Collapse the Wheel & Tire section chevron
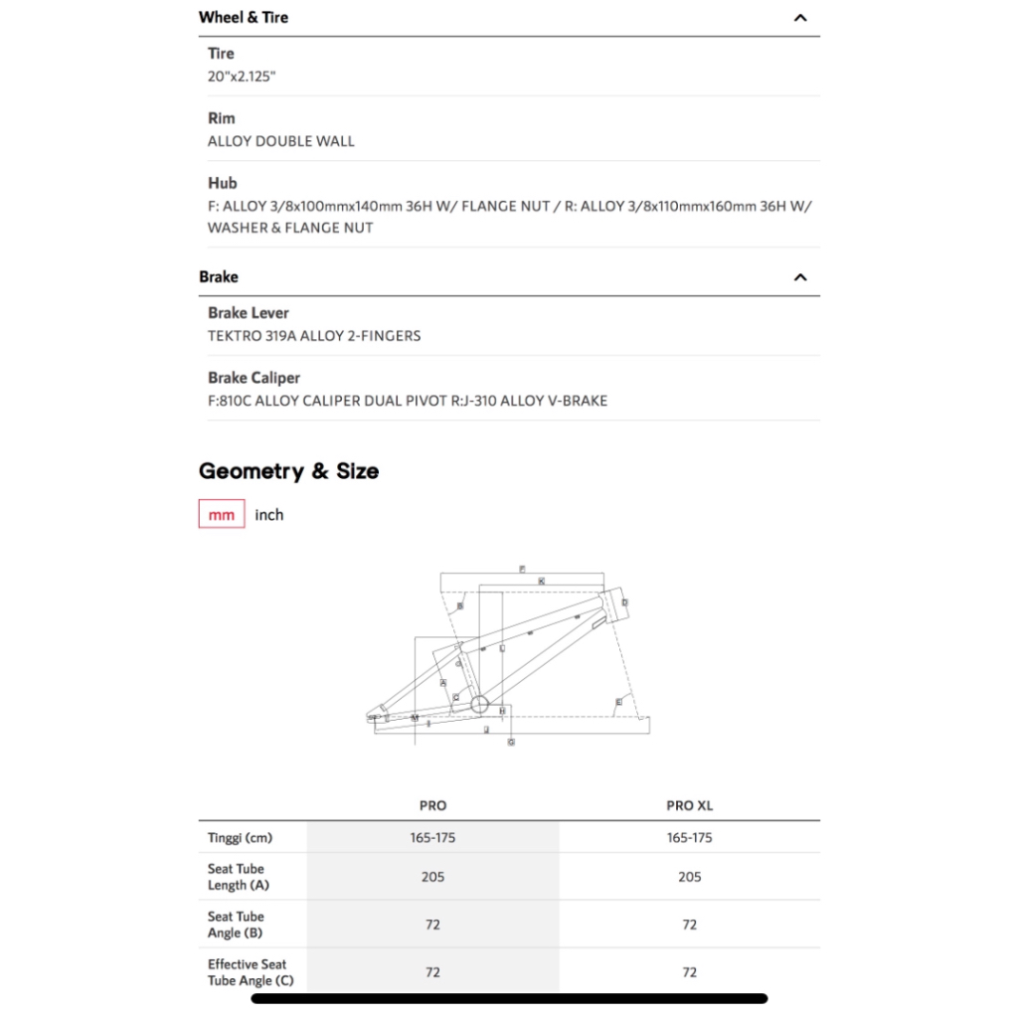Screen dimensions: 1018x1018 [x=800, y=18]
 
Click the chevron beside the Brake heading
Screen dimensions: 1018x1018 [x=800, y=277]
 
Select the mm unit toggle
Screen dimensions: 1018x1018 [x=222, y=515]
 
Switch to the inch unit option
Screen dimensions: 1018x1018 [x=269, y=515]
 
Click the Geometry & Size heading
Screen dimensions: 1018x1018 [x=288, y=471]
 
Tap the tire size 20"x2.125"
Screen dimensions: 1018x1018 [x=242, y=77]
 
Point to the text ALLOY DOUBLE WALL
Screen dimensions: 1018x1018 [x=281, y=141]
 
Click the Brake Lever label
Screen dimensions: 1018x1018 [x=249, y=313]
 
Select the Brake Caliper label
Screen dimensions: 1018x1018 [x=254, y=378]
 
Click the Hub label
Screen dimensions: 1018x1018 [x=223, y=183]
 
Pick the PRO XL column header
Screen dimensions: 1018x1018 [x=690, y=806]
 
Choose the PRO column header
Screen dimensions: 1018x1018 [x=432, y=806]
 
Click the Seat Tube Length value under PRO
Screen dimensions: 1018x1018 [x=432, y=877]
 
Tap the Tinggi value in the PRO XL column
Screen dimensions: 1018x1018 [x=690, y=838]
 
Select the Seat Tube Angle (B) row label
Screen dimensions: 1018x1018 [x=237, y=925]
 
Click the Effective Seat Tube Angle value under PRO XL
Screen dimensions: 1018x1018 [x=690, y=972]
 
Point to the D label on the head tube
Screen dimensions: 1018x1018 [x=624, y=602]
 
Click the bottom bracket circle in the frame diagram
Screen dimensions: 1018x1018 [x=479, y=705]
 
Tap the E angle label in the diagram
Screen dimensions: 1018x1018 [x=618, y=702]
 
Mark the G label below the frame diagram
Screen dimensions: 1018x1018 [x=511, y=742]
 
